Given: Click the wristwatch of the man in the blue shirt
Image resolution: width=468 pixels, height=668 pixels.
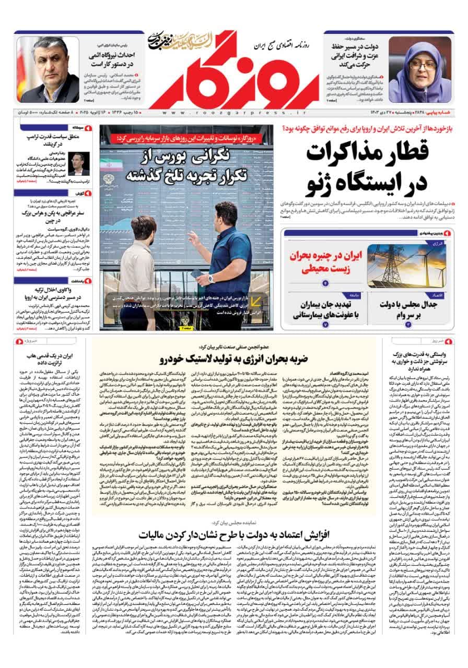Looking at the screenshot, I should [x=211, y=278].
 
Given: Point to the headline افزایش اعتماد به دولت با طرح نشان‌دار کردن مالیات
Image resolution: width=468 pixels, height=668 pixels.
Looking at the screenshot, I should [x=233, y=535].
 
